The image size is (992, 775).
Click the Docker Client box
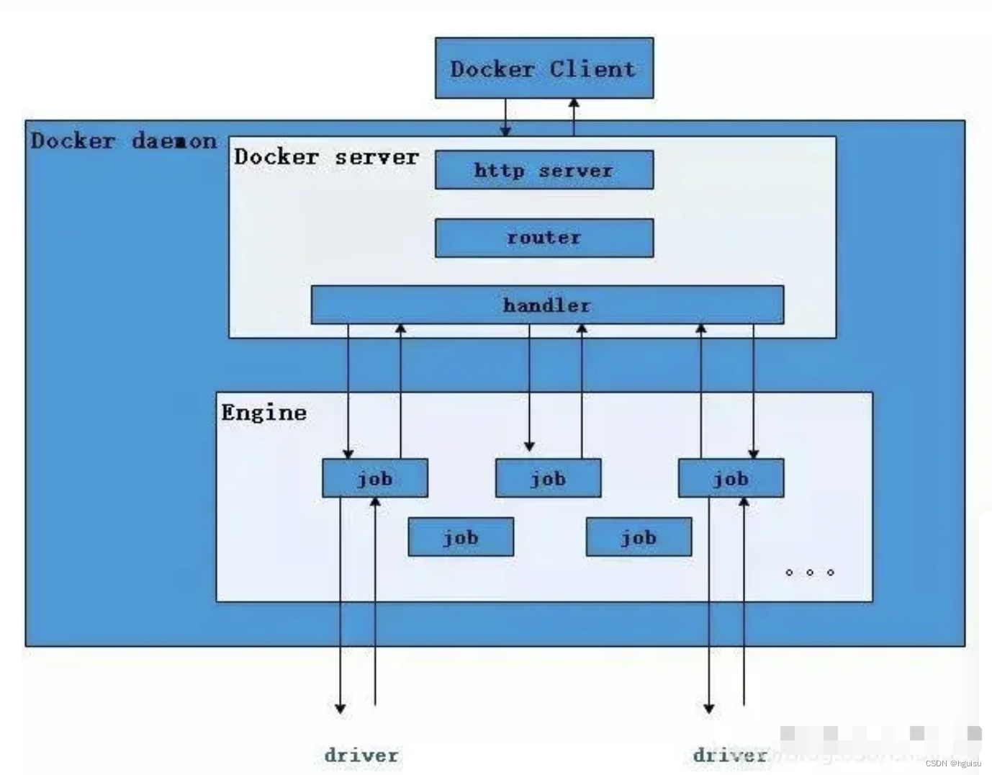pyautogui.click(x=544, y=68)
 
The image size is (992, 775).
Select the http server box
pyautogui.click(x=544, y=170)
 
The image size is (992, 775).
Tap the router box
pyautogui.click(x=544, y=238)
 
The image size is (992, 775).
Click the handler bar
pyautogui.click(x=547, y=305)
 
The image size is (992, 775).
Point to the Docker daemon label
pyautogui.click(x=123, y=140)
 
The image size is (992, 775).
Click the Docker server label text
pyautogui.click(x=326, y=157)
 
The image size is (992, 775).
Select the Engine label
pyautogui.click(x=263, y=413)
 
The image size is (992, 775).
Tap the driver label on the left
pyautogui.click(x=361, y=755)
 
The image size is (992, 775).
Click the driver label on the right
pyautogui.click(x=729, y=755)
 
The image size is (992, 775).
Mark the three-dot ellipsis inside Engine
pyautogui.click(x=810, y=573)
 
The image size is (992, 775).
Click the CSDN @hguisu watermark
pyautogui.click(x=953, y=763)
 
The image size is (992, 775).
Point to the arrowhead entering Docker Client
pyautogui.click(x=574, y=104)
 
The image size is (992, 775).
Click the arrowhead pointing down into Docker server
pyautogui.click(x=505, y=131)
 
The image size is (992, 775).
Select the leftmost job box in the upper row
pyautogui.click(x=375, y=478)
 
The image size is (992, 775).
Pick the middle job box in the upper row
pyautogui.click(x=548, y=478)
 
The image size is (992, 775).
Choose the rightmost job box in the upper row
pyautogui.click(x=731, y=478)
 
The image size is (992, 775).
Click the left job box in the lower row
pyautogui.click(x=461, y=537)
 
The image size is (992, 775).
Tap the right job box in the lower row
pyautogui.click(x=639, y=537)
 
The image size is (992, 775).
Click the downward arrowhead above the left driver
pyautogui.click(x=341, y=708)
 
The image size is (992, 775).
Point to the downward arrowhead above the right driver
pyautogui.click(x=709, y=708)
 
